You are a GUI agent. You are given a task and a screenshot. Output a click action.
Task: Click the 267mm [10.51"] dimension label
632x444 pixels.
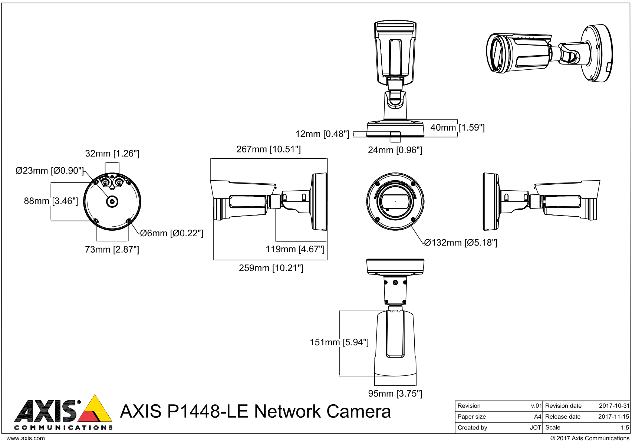pos(268,149)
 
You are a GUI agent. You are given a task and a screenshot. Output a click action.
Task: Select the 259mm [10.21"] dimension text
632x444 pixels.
pos(271,268)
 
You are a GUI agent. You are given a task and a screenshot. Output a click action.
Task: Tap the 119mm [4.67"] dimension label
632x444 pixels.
pos(295,249)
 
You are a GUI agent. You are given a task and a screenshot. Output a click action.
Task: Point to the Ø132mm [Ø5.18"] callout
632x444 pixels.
pos(461,243)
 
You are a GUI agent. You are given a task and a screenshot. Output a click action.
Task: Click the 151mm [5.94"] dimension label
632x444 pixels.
pos(339,342)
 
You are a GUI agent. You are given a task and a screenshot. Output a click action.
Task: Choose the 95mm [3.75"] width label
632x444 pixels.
pos(395,394)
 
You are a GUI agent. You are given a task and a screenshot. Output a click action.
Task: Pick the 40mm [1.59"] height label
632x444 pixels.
pos(457,128)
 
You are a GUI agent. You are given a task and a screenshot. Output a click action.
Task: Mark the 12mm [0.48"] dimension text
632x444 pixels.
pos(322,134)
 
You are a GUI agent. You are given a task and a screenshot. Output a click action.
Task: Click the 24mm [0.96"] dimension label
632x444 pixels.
pos(395,150)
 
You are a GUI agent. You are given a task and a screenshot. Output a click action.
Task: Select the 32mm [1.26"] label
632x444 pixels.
pos(112,154)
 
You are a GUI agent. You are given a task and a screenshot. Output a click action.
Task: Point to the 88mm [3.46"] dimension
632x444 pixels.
pos(51,201)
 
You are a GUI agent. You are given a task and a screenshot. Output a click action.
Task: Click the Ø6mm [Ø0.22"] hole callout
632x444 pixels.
pos(171,233)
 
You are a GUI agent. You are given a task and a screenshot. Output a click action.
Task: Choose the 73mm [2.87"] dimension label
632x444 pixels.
pos(112,250)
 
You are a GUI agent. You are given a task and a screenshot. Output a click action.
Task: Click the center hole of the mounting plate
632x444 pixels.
pos(112,201)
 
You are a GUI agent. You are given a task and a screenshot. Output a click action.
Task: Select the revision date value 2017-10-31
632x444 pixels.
pos(614,406)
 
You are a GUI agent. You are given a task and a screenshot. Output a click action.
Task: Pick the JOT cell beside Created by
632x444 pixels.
pos(535,428)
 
